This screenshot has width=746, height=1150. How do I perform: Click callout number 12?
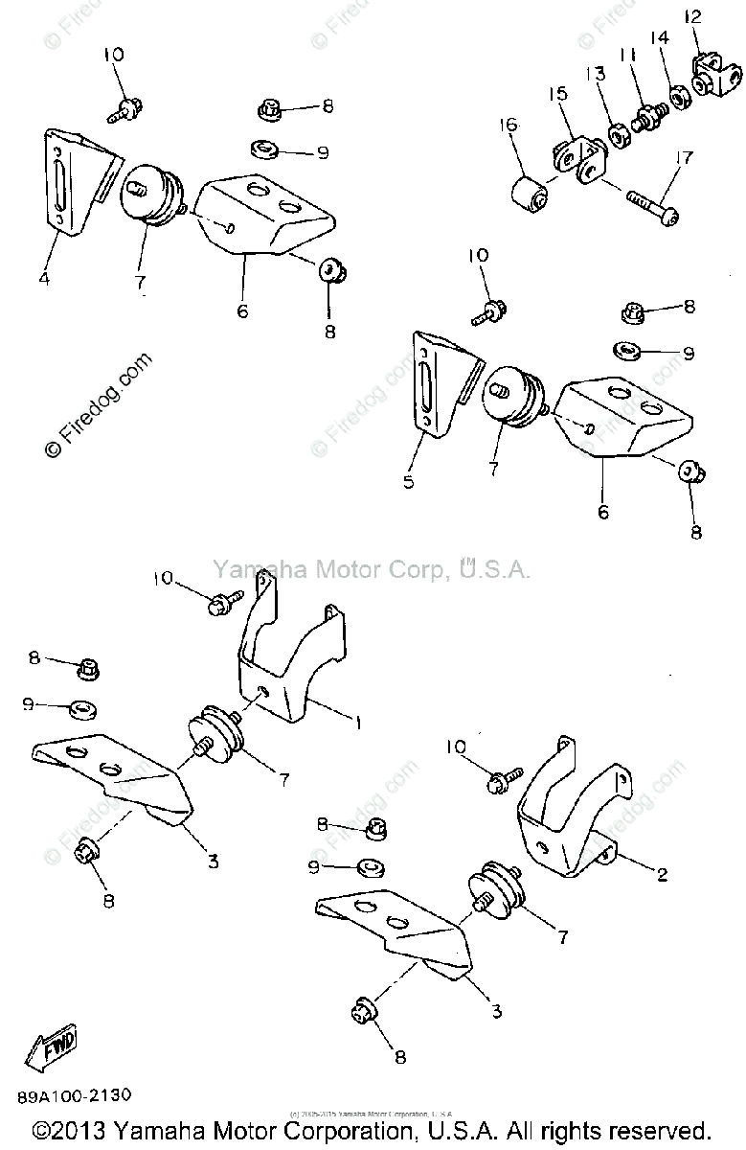[x=693, y=16]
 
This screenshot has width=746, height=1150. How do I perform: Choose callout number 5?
[x=409, y=482]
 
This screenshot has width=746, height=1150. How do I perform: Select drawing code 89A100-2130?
[x=74, y=1094]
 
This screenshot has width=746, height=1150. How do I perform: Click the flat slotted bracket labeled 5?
[x=436, y=383]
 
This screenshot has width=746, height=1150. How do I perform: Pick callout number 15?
[x=558, y=94]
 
